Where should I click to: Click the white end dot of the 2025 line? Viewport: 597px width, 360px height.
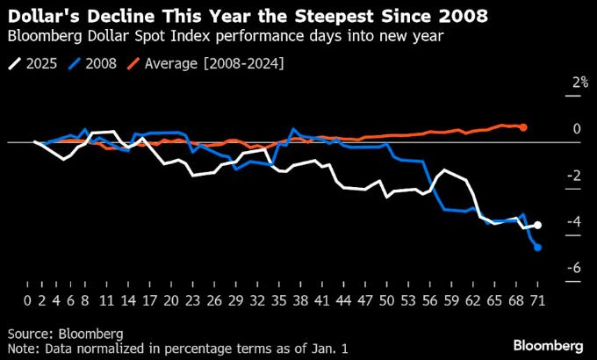(537, 226)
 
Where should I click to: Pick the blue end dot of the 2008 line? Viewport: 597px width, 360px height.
(537, 248)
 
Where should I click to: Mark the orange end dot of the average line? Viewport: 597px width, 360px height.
(523, 127)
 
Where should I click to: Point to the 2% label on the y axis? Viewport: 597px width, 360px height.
(578, 83)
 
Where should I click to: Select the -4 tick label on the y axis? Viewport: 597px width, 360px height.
(574, 221)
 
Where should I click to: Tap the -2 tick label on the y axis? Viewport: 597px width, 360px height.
(574, 175)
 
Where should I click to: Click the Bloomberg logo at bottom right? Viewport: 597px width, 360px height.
(549, 343)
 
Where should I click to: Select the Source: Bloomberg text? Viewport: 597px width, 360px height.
(65, 334)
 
